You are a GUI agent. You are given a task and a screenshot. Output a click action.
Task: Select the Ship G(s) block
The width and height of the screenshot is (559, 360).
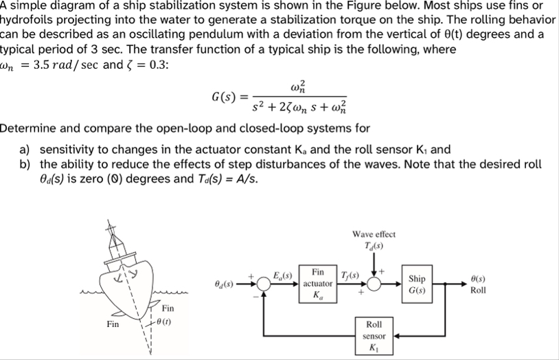[x=416, y=283]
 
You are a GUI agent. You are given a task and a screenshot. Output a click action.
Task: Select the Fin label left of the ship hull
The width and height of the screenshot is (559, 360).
[x=113, y=323]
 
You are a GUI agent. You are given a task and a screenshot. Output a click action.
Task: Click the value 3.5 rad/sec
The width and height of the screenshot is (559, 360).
[x=66, y=65]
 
